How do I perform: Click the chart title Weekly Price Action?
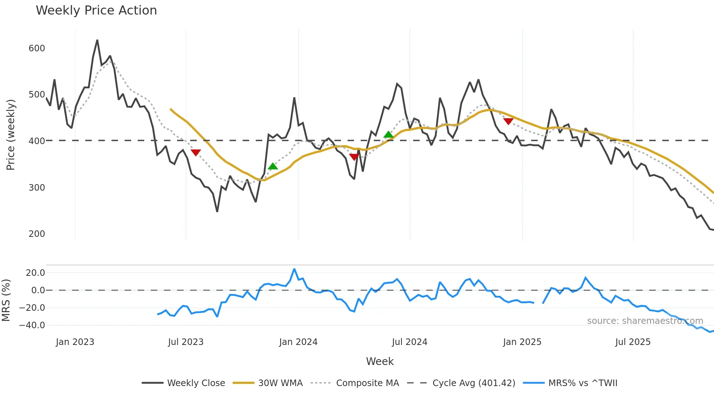pos(96,11)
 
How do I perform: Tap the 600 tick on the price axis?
pos(37,48)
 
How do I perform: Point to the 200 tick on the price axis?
pos(37,234)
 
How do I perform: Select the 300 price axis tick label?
pos(37,188)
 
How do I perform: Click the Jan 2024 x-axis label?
pos(298,342)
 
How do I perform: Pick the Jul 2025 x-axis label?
pos(633,342)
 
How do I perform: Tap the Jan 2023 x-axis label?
pos(75,342)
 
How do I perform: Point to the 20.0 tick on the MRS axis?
pos(35,273)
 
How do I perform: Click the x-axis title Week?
pos(380,361)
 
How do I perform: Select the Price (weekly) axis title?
pos(11,135)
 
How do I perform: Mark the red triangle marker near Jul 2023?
pos(196,152)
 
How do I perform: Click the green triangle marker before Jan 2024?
pos(273,166)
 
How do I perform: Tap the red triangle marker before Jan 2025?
pos(508,121)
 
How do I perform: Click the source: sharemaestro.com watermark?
pos(645,321)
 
